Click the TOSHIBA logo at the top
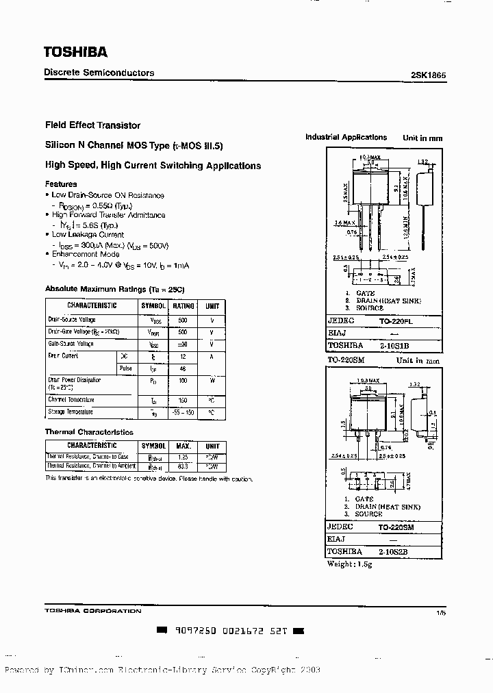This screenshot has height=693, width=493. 75,51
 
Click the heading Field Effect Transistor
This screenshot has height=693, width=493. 92,125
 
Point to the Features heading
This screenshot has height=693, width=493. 61,184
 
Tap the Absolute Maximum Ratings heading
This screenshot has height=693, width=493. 115,289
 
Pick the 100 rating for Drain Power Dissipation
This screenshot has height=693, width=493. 182,379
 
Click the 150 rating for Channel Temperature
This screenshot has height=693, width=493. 182,400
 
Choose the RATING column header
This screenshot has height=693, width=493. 182,305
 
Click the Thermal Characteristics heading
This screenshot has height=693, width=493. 89,432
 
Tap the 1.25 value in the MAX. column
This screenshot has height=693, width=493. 183,456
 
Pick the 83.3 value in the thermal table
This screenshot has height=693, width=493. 183,466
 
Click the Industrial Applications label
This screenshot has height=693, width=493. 346,137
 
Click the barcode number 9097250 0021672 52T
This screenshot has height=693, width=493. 229,629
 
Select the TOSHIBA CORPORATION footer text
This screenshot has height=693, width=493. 93,610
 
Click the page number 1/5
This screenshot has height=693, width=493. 440,614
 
